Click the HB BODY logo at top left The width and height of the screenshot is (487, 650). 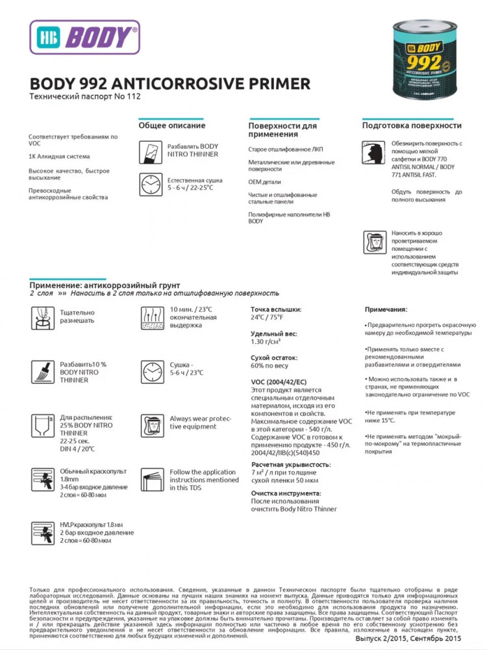[x=84, y=36]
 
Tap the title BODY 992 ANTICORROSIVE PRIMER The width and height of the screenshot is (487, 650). [x=170, y=83]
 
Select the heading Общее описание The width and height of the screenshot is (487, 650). [x=172, y=125]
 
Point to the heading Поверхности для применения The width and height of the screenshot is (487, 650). [x=283, y=129]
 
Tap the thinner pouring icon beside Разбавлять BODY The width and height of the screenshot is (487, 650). [x=150, y=151]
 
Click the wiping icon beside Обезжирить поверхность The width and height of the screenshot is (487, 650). [x=373, y=152]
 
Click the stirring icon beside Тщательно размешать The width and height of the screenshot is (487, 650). [x=41, y=317]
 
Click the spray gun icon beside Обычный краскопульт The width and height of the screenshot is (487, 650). [x=41, y=478]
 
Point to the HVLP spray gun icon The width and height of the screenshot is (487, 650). [x=41, y=532]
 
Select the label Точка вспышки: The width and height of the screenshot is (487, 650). [x=276, y=309]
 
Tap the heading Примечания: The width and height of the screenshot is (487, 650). [x=386, y=309]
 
